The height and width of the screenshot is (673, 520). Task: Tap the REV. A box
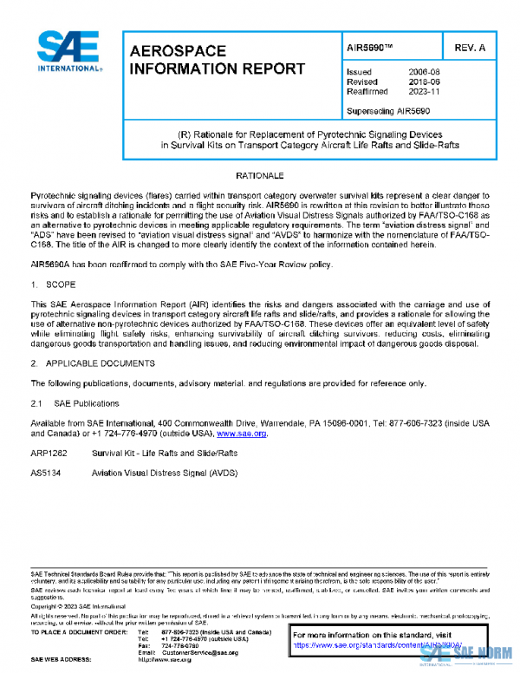tap(470, 48)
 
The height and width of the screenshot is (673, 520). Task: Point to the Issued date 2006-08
tap(423, 72)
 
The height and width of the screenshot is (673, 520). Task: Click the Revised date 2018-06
tap(423, 82)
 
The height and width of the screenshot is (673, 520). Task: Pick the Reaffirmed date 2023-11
tap(423, 93)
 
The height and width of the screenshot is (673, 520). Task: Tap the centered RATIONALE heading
tap(259, 176)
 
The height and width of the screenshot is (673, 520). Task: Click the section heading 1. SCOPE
tap(54, 284)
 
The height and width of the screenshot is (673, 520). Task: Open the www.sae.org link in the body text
tap(242, 433)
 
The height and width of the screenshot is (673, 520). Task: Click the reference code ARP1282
tap(49, 454)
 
